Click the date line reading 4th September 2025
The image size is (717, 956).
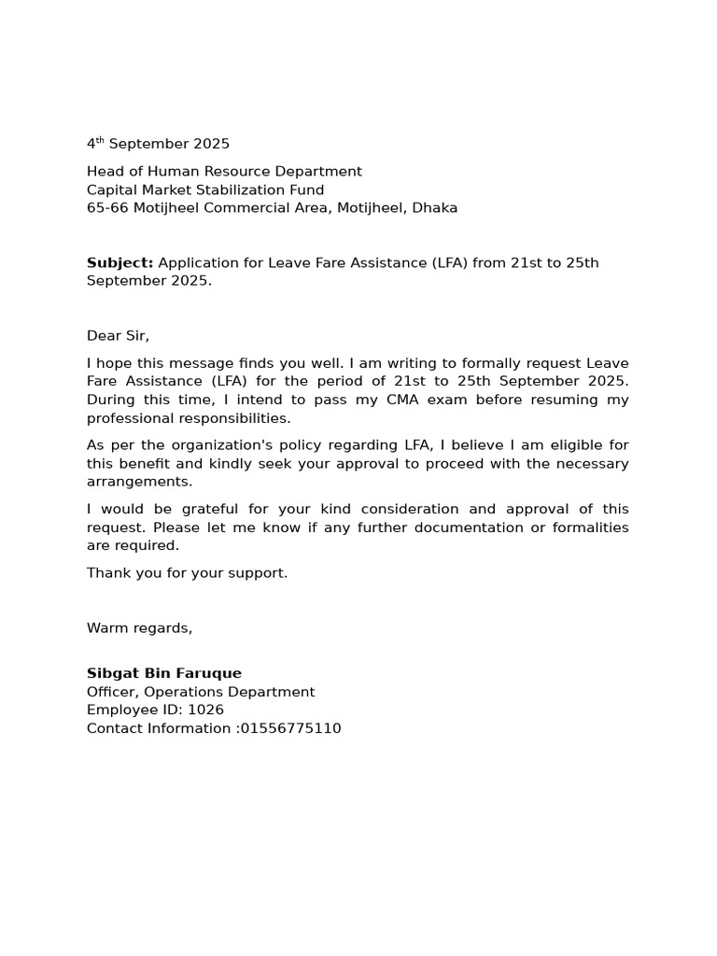[x=158, y=144]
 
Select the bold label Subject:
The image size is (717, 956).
[x=119, y=262]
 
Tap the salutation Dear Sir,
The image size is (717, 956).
[x=118, y=335]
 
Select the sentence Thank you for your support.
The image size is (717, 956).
[x=187, y=573]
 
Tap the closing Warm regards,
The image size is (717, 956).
[x=139, y=627]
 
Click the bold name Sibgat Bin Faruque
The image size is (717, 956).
[x=163, y=673]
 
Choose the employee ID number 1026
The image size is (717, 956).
[x=205, y=710]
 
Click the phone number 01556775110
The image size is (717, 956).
[x=290, y=728]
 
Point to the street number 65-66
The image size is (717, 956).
[x=107, y=208]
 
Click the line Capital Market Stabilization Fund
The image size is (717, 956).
[x=205, y=190]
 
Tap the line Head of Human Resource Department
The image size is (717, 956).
[x=224, y=172]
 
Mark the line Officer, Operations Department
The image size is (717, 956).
[x=201, y=692]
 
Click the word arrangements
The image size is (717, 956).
[x=139, y=482]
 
